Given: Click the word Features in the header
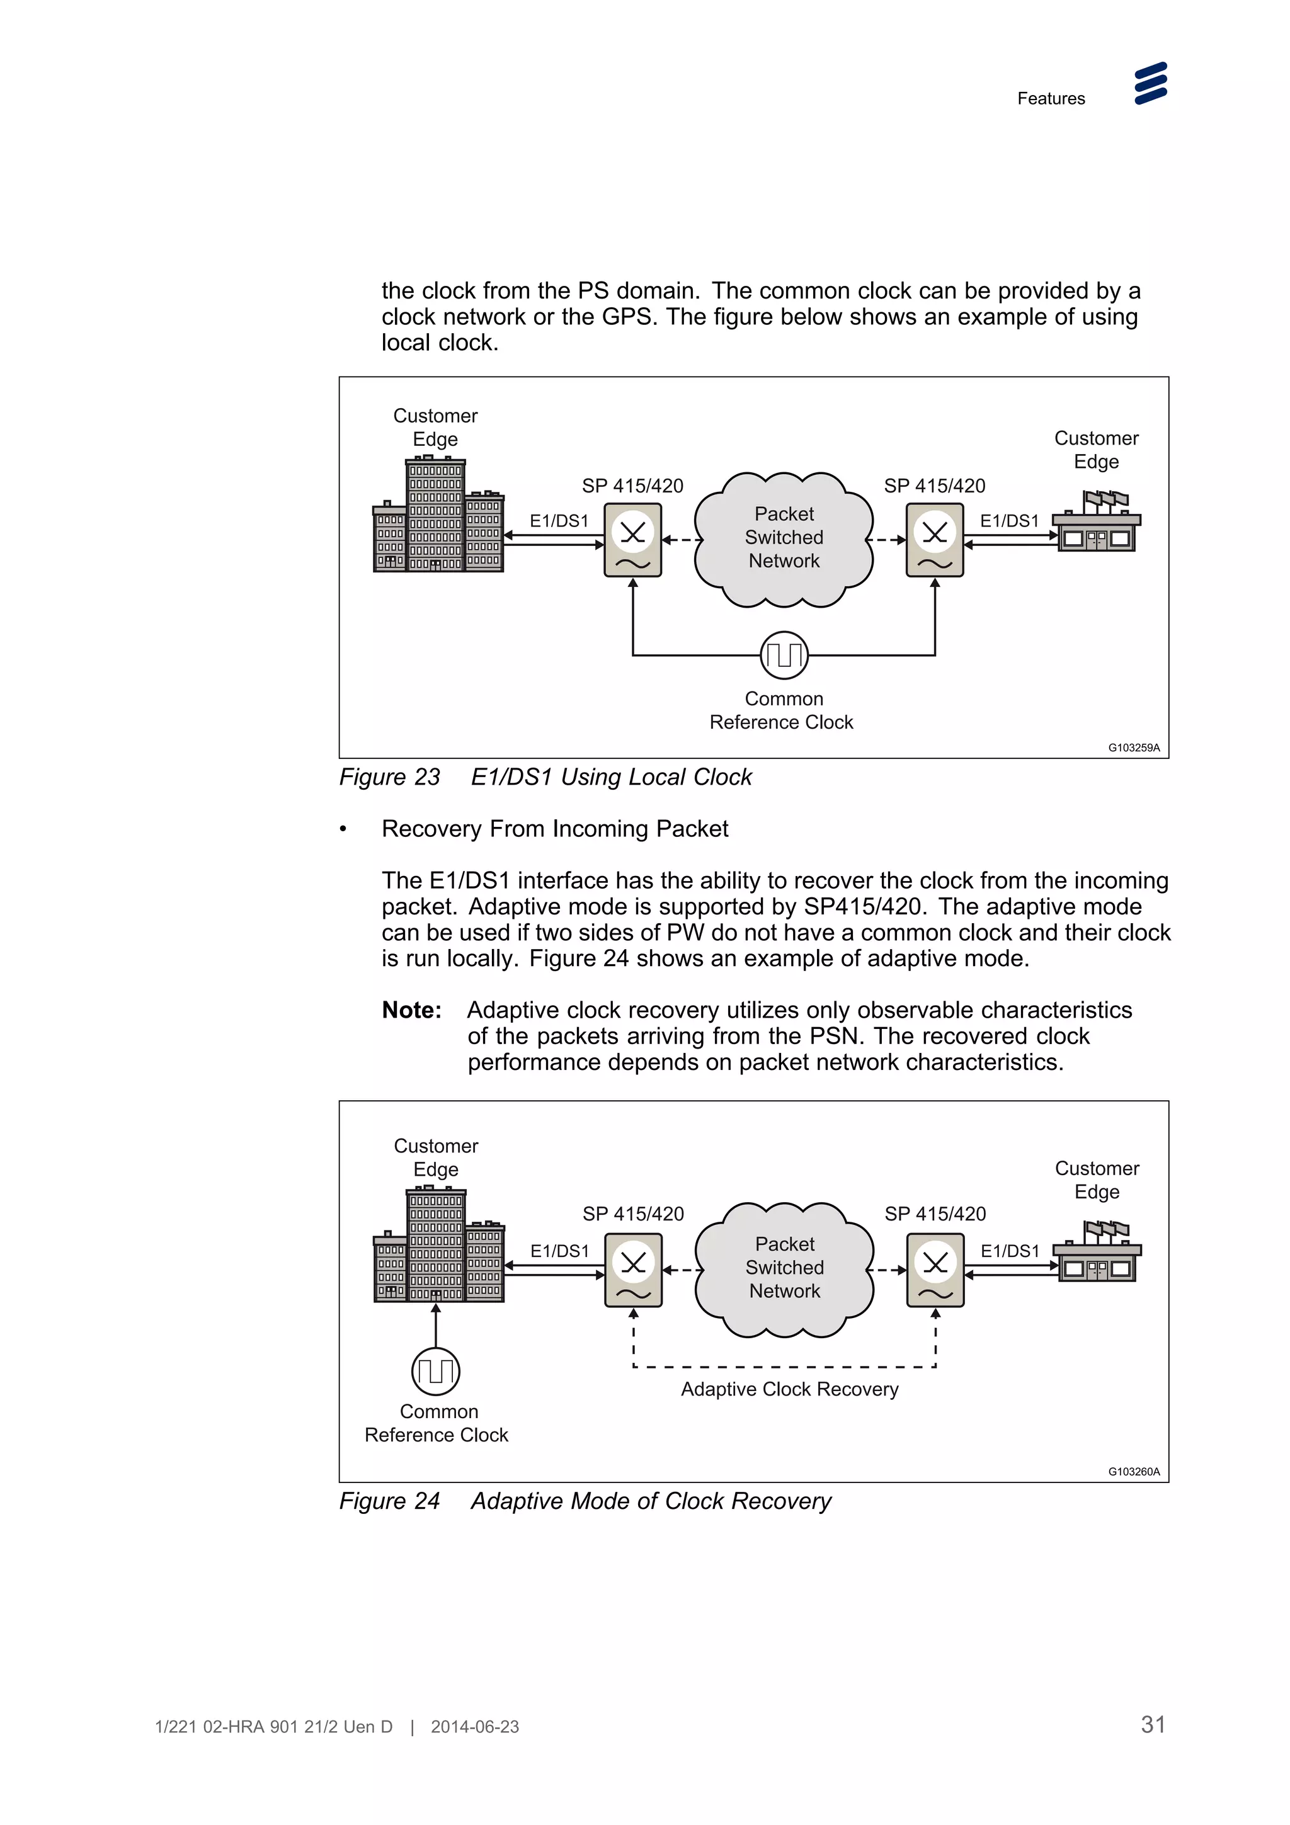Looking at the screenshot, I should click(x=1050, y=99).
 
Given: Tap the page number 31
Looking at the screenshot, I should click(x=1153, y=1724).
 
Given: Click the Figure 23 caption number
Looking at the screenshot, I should click(x=389, y=776).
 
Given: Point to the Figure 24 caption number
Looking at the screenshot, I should click(x=389, y=1501).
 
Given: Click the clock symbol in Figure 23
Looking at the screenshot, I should click(x=784, y=655).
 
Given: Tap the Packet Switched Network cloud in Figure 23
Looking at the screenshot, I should click(x=784, y=539).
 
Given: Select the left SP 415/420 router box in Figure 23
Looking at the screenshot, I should click(x=632, y=540).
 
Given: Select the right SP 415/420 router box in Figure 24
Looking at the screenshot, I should click(x=935, y=1270).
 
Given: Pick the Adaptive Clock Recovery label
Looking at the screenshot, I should click(x=789, y=1389).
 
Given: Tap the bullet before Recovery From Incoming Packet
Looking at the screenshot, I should click(x=343, y=829).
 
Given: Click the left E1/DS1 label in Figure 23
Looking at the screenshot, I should click(x=559, y=521).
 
